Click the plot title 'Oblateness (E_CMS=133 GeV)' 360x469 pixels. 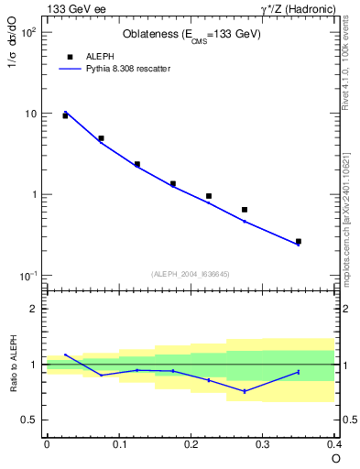[x=191, y=35]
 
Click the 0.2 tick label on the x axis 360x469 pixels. [x=191, y=444]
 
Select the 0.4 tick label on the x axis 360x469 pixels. [x=333, y=444]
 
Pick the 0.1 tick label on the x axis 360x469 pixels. [x=118, y=444]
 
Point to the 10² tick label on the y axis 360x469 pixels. [x=28, y=33]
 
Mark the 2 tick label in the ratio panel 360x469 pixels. [x=37, y=309]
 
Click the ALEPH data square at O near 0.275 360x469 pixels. [x=245, y=210]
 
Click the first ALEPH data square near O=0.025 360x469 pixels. [x=65, y=116]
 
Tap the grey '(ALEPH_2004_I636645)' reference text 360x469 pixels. [x=191, y=274]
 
